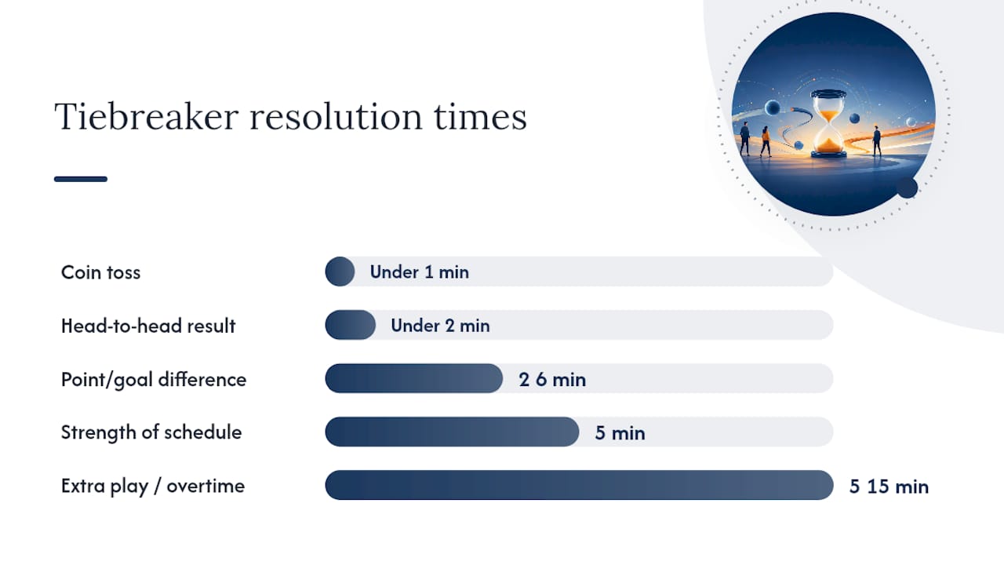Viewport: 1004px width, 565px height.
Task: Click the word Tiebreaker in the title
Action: point(147,116)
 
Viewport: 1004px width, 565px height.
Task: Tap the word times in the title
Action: point(480,116)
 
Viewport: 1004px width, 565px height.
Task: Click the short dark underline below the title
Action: point(81,179)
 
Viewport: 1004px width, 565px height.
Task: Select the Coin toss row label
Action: point(101,272)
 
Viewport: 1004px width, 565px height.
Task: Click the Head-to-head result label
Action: point(148,326)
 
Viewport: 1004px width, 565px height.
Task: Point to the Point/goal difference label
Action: point(154,380)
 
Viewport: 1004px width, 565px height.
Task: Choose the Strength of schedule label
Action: point(151,432)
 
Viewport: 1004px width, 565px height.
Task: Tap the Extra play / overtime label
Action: point(153,486)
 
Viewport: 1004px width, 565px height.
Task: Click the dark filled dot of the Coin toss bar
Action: point(340,272)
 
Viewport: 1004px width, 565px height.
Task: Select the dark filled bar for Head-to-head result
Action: point(351,325)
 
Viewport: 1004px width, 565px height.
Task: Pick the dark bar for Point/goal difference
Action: point(413,378)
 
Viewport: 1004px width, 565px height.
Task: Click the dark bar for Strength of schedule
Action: point(452,432)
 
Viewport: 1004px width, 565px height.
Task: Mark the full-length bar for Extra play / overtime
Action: point(579,485)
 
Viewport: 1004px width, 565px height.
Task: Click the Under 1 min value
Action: point(420,272)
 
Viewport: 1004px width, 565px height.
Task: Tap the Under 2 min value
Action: point(440,326)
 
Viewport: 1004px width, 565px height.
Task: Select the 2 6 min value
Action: point(552,380)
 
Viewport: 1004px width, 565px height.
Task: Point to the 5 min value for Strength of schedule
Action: point(620,433)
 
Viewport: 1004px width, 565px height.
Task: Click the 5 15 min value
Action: point(889,487)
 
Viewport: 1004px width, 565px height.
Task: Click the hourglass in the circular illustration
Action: point(829,124)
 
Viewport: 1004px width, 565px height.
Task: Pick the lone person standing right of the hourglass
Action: point(877,140)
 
